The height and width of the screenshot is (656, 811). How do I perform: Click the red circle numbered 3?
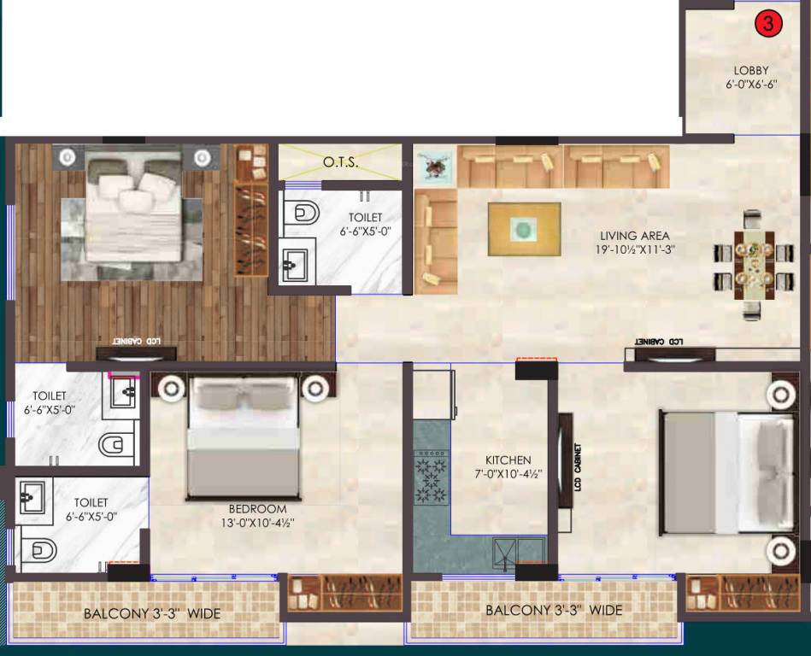coord(767,25)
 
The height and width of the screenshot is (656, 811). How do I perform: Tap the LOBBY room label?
coord(751,71)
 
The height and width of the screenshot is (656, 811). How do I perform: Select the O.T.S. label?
coord(341,161)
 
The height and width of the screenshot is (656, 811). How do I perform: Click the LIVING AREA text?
coord(634,236)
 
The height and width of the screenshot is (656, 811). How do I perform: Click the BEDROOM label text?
coord(257,509)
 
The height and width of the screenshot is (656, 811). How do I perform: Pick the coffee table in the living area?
coord(524,228)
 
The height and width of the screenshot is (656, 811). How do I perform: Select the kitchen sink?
coord(520,553)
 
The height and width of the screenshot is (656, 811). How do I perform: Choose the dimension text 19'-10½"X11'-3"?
coord(634,250)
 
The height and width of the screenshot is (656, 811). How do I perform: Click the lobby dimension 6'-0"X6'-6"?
coord(751,85)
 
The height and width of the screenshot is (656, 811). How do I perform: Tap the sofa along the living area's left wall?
coord(435,242)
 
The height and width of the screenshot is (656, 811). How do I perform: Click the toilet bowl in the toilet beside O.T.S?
coord(302,212)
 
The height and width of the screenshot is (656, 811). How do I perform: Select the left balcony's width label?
coord(151,614)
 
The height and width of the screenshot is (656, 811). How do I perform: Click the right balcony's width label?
coord(553,611)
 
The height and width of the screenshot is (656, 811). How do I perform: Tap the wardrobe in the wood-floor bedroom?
coord(251,210)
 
